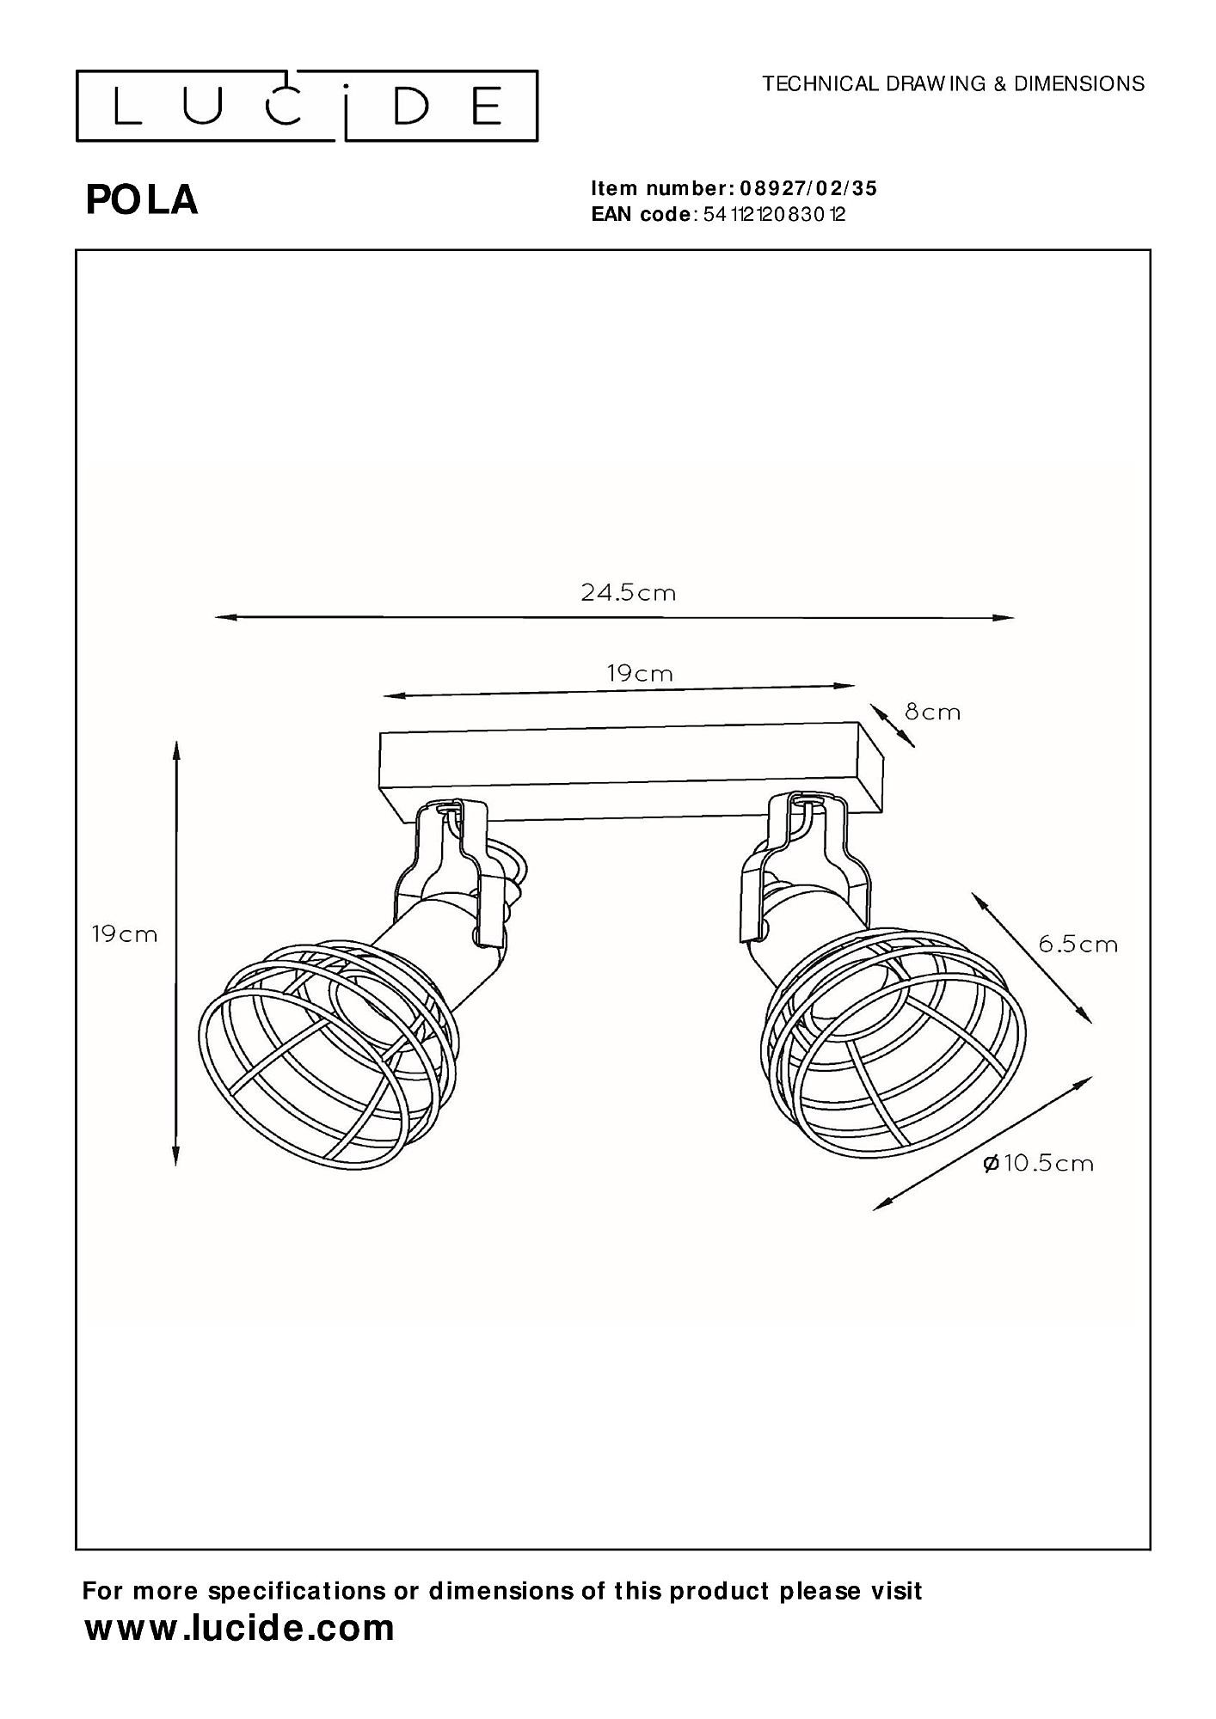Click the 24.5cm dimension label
point(628,593)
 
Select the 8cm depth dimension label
point(932,712)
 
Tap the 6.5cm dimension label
point(1078,944)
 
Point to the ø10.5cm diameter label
point(1038,1164)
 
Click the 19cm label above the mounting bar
point(640,673)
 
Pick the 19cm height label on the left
point(125,934)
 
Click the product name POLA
point(142,200)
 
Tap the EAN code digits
point(774,215)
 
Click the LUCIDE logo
point(307,106)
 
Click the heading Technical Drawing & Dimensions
point(954,83)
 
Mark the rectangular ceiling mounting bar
point(632,770)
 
